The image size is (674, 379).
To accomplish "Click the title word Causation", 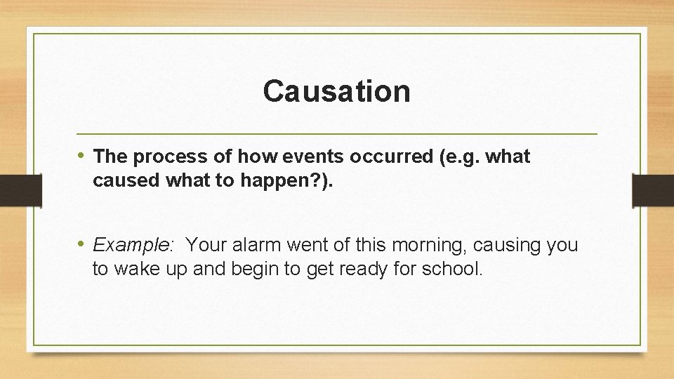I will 336,91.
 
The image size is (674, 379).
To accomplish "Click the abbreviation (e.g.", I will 456,157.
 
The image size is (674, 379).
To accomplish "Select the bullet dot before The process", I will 82,156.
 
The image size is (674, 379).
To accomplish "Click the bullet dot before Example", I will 82,244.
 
